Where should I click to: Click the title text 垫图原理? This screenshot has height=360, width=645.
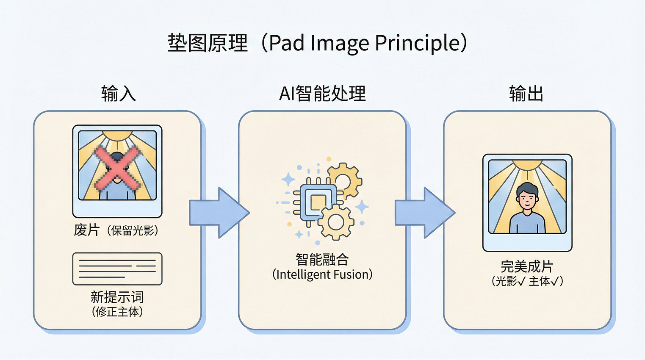coord(208,43)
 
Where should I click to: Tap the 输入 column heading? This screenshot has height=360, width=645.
coord(118,93)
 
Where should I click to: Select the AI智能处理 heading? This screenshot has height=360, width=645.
coord(322,93)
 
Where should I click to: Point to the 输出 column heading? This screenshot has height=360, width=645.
coord(526,93)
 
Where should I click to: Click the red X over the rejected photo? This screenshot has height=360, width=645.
coord(117,168)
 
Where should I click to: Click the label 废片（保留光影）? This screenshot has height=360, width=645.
coord(116,230)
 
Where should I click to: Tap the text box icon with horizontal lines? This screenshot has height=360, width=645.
coord(117,269)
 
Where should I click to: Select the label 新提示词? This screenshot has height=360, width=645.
coord(117,297)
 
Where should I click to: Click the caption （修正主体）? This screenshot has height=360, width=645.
coord(117,312)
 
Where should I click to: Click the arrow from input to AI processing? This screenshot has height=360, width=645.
coord(219,213)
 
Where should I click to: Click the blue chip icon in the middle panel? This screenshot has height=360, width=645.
coord(318,202)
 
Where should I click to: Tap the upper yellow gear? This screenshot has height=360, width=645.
coord(344,180)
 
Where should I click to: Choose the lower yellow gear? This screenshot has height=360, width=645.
coord(336,222)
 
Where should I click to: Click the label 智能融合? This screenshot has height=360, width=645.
coord(322,259)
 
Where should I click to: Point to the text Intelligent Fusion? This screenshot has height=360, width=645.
coord(322,274)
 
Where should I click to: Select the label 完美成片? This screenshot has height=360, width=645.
coord(527,266)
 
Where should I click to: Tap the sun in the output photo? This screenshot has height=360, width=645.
coord(527,164)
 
